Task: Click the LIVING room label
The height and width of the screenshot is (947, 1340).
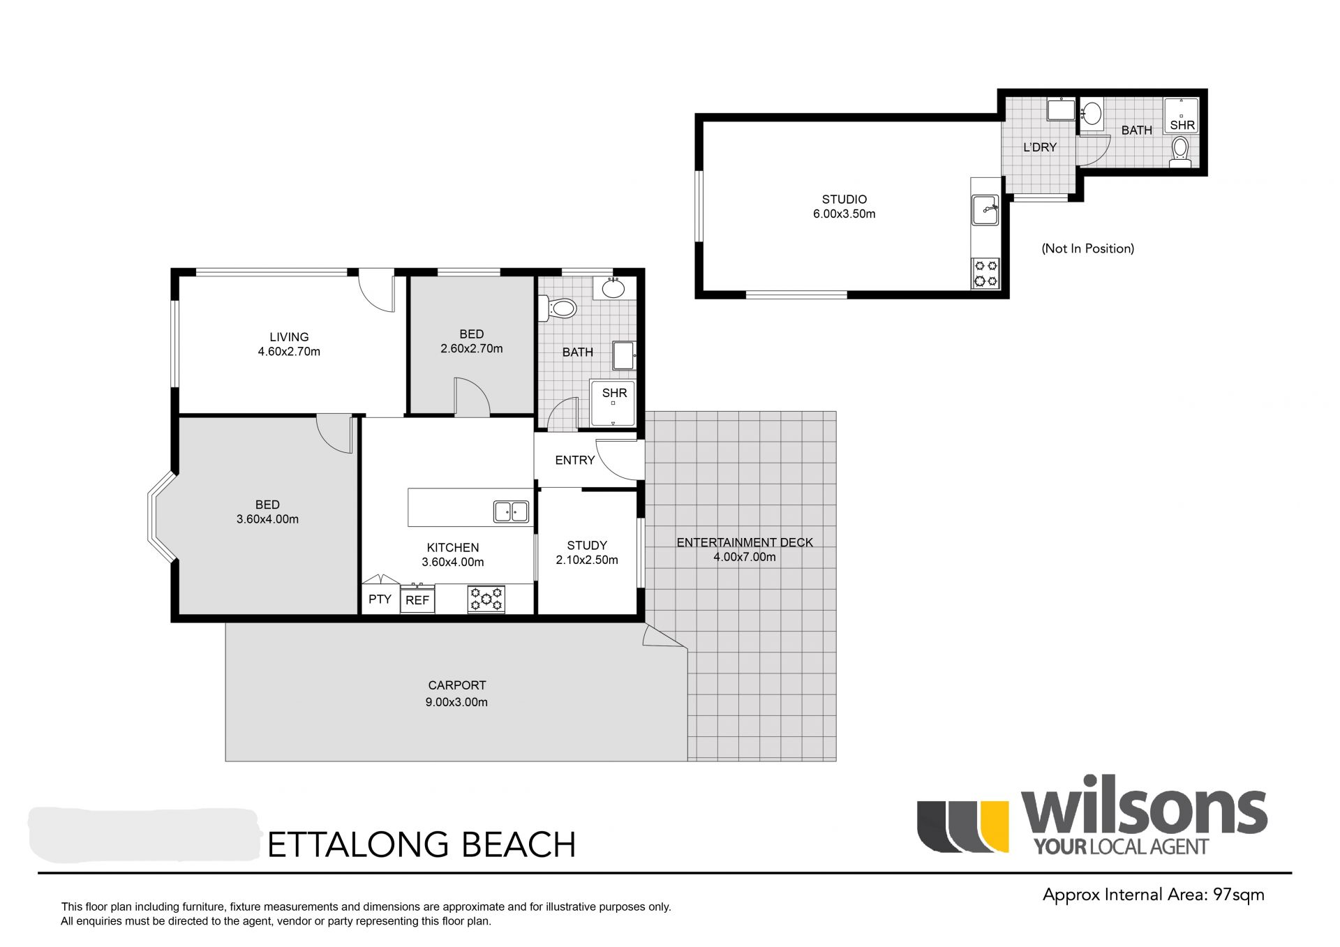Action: coord(289,337)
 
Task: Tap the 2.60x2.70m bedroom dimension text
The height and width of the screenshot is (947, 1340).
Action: coord(472,349)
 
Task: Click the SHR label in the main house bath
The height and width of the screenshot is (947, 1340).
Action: coord(614,394)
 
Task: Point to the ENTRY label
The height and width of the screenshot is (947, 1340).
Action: coord(575,461)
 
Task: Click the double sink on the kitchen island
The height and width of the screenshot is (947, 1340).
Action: coord(511,512)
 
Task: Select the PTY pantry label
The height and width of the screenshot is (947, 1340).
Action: coord(380,599)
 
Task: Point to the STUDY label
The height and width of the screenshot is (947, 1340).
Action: coord(587,546)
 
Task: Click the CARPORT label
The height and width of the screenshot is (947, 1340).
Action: coord(457,686)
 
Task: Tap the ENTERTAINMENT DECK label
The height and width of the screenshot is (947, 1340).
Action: coord(745,543)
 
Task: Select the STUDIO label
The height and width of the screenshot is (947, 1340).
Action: coord(844,200)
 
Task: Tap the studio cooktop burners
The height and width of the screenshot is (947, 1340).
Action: coord(986,273)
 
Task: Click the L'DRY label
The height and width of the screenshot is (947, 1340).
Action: coord(1040,147)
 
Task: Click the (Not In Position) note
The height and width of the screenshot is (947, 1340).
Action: coord(1088,248)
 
